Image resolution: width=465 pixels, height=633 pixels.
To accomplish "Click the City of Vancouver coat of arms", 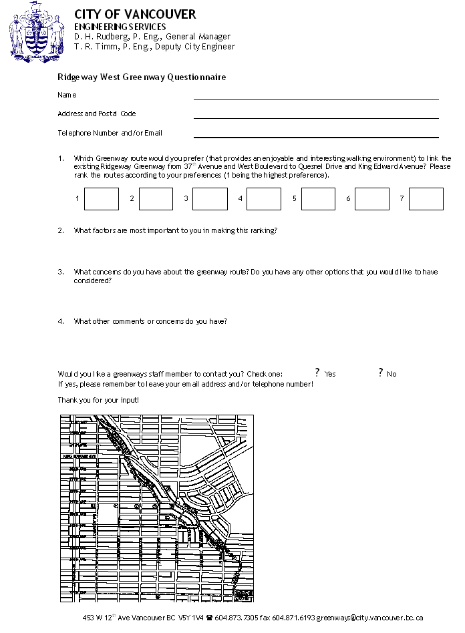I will coord(37,31).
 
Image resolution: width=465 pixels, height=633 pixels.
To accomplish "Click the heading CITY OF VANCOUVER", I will coord(135,14).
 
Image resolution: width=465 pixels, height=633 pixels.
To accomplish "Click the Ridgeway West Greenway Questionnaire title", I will coord(142,77).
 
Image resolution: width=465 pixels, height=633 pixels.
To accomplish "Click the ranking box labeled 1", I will coord(102,199).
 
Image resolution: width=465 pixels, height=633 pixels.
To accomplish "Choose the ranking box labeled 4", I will coord(264,199).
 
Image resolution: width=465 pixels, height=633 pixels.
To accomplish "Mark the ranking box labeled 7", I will coord(426,199).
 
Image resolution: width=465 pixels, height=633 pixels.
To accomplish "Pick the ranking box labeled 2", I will coord(156,199).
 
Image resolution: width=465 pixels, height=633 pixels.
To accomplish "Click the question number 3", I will coord(61,272).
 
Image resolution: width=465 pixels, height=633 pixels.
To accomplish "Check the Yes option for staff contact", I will coord(317,373).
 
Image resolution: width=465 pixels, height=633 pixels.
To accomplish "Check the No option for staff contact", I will coord(380,373).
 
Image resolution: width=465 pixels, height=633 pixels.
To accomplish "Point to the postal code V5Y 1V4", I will coord(190,618).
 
